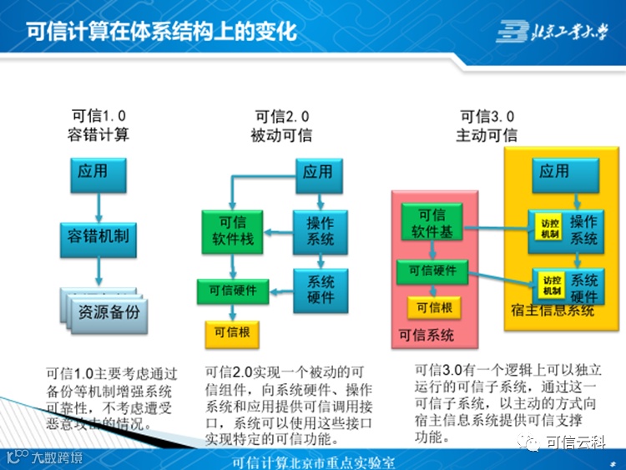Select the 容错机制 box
[98, 235]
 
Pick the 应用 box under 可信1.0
[93, 172]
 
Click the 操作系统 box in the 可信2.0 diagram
[320, 231]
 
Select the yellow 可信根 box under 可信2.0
[232, 332]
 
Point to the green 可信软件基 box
[432, 223]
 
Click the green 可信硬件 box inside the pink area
[432, 270]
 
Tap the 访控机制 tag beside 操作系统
[550, 229]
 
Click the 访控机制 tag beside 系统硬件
[552, 285]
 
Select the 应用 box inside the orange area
[554, 172]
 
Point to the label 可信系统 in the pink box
[427, 336]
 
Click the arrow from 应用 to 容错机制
[98, 205]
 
